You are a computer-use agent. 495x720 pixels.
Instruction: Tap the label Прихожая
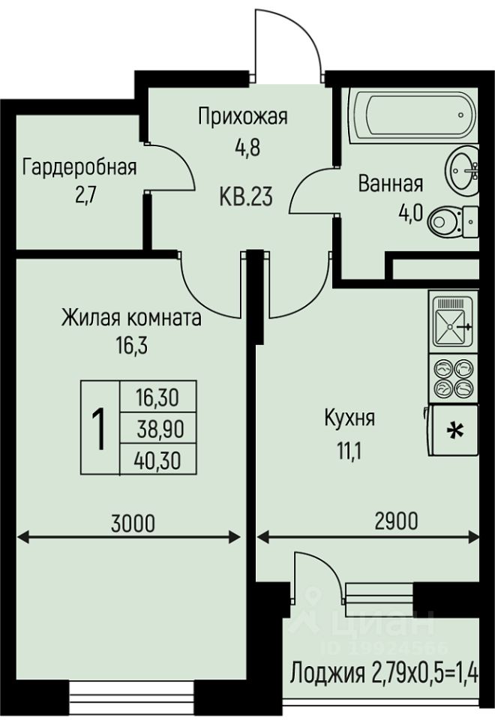243,117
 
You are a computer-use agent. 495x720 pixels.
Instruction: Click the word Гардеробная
80,166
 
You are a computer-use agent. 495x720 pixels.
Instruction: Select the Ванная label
391,184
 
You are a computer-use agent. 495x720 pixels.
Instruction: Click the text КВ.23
246,197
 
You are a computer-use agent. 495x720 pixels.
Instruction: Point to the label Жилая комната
131,318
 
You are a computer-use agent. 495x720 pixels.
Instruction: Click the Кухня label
350,418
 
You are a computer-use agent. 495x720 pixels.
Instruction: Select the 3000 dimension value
133,523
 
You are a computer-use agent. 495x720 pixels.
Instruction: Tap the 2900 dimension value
396,522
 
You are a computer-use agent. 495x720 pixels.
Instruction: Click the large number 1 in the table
98,429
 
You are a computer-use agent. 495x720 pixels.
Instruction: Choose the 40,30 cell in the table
157,460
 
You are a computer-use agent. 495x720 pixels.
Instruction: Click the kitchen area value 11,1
350,451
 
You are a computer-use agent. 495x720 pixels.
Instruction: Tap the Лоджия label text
328,674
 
